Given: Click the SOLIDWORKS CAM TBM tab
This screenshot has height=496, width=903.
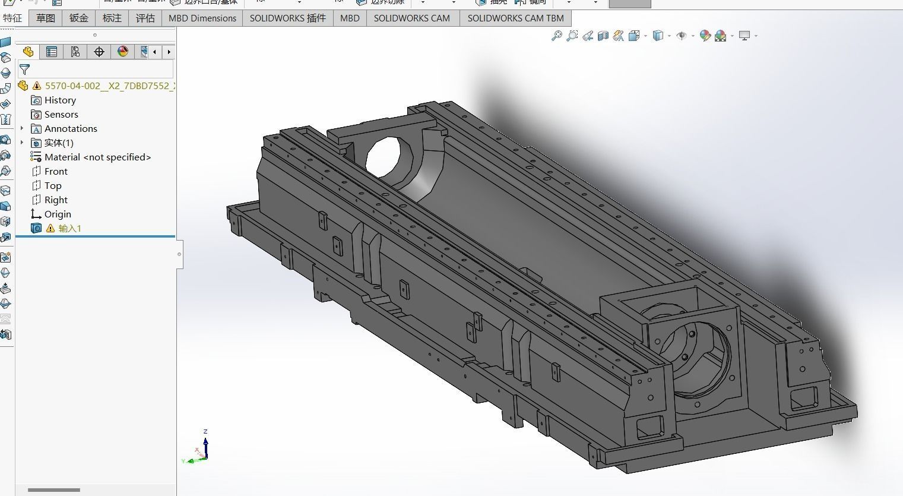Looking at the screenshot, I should (515, 18).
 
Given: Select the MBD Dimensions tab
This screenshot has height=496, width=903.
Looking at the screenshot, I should (202, 18).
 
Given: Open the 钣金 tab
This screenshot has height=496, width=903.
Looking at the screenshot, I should (78, 18).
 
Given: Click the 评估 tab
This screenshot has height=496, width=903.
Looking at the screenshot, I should (145, 18).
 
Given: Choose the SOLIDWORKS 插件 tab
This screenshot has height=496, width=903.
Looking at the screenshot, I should (287, 18).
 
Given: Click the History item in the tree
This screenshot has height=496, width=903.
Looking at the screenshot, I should (60, 100).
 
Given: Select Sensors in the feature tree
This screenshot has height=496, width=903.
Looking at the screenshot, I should (61, 115).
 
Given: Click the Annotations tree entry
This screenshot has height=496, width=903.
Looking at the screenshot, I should (71, 129).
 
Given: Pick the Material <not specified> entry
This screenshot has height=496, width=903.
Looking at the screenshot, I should (97, 157).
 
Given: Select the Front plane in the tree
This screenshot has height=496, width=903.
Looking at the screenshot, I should (56, 172).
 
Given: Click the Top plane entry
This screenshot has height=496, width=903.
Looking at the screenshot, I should (53, 186).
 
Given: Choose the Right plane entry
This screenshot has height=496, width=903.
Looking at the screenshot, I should (56, 200).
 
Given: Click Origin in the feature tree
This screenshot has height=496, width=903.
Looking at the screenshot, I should (58, 214).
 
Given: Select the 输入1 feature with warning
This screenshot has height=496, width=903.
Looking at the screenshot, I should (69, 229).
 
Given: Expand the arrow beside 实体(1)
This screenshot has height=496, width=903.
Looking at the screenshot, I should (22, 143).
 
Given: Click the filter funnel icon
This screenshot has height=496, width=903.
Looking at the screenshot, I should (24, 69).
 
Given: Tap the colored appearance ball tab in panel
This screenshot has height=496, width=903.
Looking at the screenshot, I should (123, 52).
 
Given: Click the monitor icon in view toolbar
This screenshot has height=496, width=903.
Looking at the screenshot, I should (744, 36).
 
